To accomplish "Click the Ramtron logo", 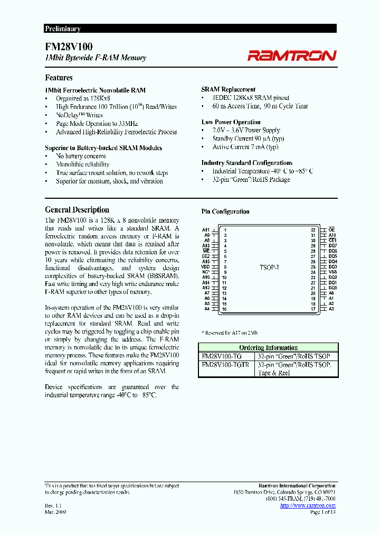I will pos(291,56).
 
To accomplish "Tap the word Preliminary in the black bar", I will pos(62,29).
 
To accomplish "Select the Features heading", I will pos(59,78).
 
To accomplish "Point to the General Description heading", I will pos(77,210).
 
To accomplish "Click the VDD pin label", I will pos(206,267).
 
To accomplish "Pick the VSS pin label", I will pos(332,272).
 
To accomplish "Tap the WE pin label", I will pos(206,251).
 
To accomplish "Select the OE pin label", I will pos(331,230).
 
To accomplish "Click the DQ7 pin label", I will pos(332,246).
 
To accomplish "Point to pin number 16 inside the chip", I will pos(224,309).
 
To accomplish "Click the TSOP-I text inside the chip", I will pos(269,268).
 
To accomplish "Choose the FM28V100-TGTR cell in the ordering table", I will pos(225,365).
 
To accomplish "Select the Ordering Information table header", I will pos(268,347).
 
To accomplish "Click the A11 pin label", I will pos(206,230).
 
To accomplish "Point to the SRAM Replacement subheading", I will pos(229,90).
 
